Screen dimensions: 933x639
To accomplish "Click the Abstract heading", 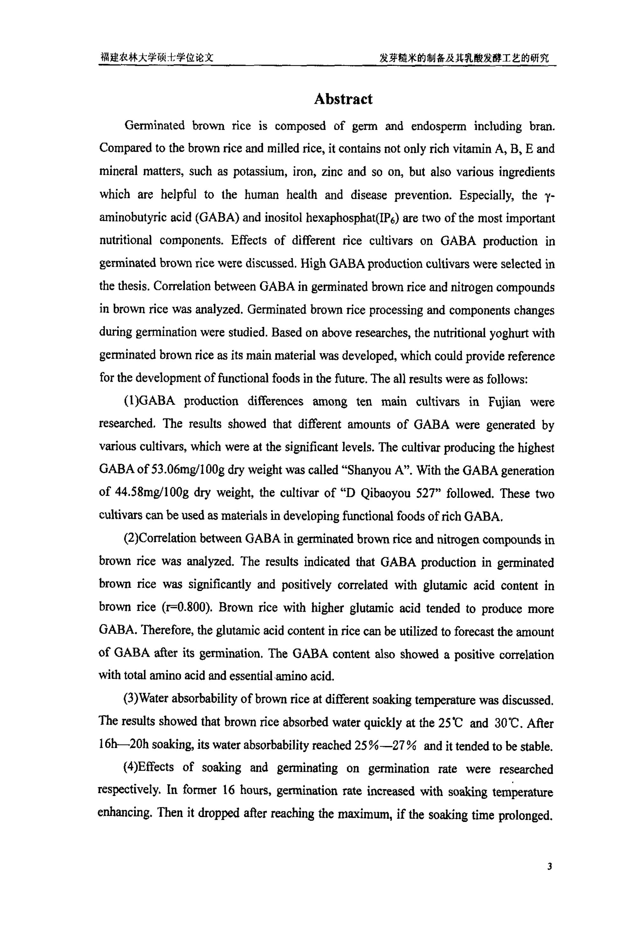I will [x=343, y=99].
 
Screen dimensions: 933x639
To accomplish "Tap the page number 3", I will [x=550, y=878].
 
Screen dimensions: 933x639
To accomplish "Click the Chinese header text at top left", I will [x=157, y=57].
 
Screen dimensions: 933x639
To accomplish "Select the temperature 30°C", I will [x=508, y=723].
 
